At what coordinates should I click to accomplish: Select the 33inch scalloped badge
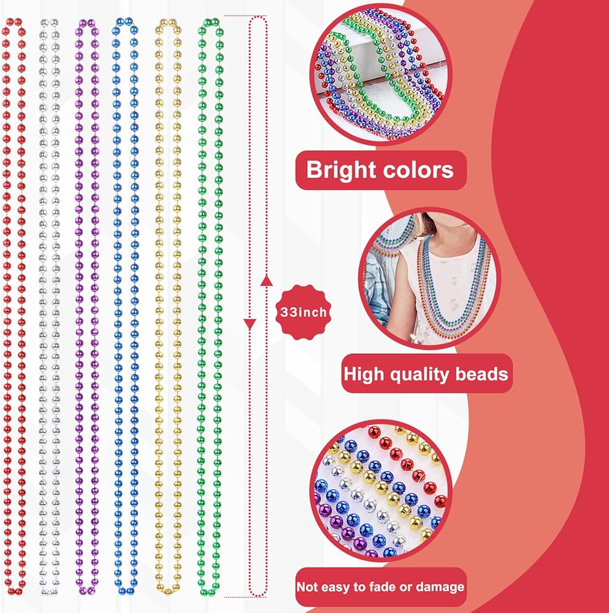click(303, 312)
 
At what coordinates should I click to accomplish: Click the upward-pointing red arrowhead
click(266, 280)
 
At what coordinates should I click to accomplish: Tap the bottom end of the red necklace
click(15, 590)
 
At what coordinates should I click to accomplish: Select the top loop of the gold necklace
click(168, 23)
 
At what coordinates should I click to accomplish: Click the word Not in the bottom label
click(304, 587)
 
